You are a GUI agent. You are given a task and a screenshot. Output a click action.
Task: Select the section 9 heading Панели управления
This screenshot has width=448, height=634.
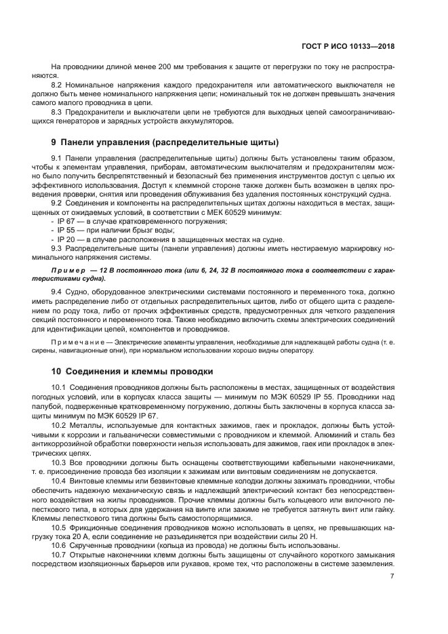165,143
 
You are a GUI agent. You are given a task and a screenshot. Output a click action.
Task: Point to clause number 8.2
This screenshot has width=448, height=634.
58,85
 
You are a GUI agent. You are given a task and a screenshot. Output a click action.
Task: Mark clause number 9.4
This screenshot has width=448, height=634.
58,291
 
